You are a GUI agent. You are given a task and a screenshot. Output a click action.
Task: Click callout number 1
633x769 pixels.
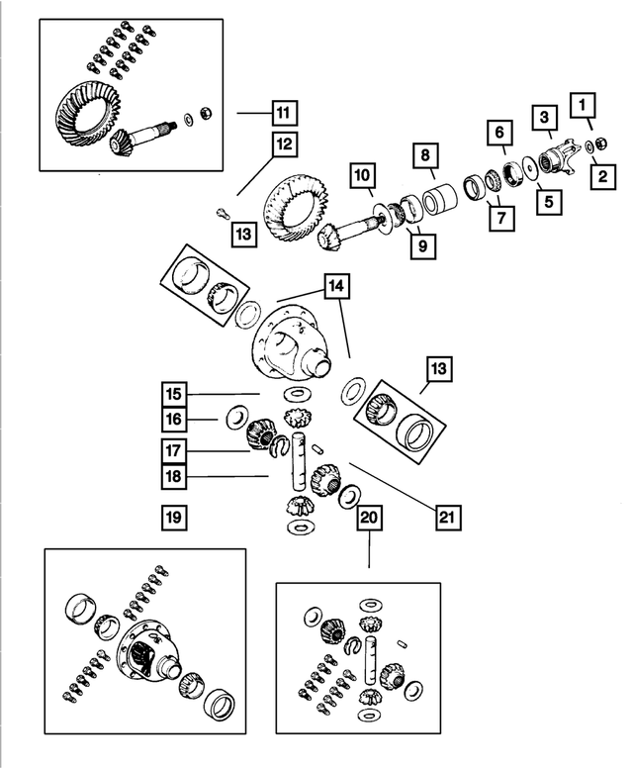[584, 104]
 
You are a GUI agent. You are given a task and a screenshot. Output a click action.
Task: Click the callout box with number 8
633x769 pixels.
[424, 155]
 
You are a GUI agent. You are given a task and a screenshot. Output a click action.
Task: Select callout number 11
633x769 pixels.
[285, 113]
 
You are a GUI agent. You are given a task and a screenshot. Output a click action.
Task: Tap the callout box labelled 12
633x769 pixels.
[285, 144]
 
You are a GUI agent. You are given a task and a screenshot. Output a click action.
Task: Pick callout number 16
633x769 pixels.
[175, 421]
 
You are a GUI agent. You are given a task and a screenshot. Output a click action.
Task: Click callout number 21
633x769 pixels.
[447, 516]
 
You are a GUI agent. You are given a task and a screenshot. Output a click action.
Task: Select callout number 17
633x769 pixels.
[175, 450]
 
